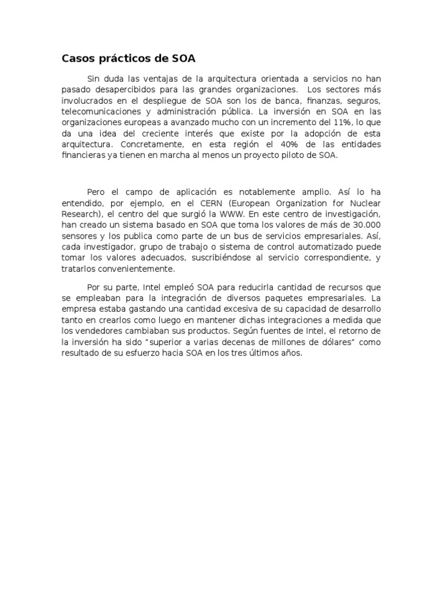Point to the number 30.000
click(366, 223)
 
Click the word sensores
click(80, 233)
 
